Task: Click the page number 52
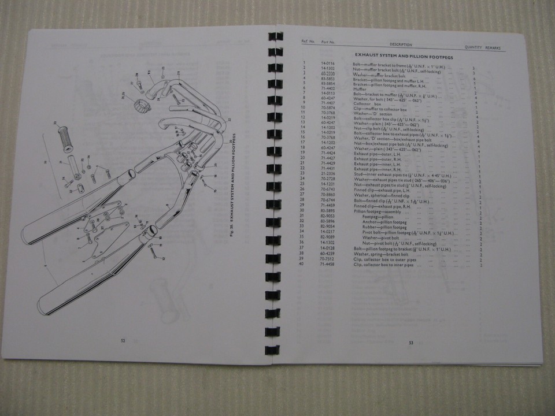(x=123, y=340)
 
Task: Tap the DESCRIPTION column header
(x=401, y=44)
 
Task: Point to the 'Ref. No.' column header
(x=304, y=42)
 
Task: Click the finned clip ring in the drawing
(x=139, y=106)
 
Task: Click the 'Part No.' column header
(x=328, y=43)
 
